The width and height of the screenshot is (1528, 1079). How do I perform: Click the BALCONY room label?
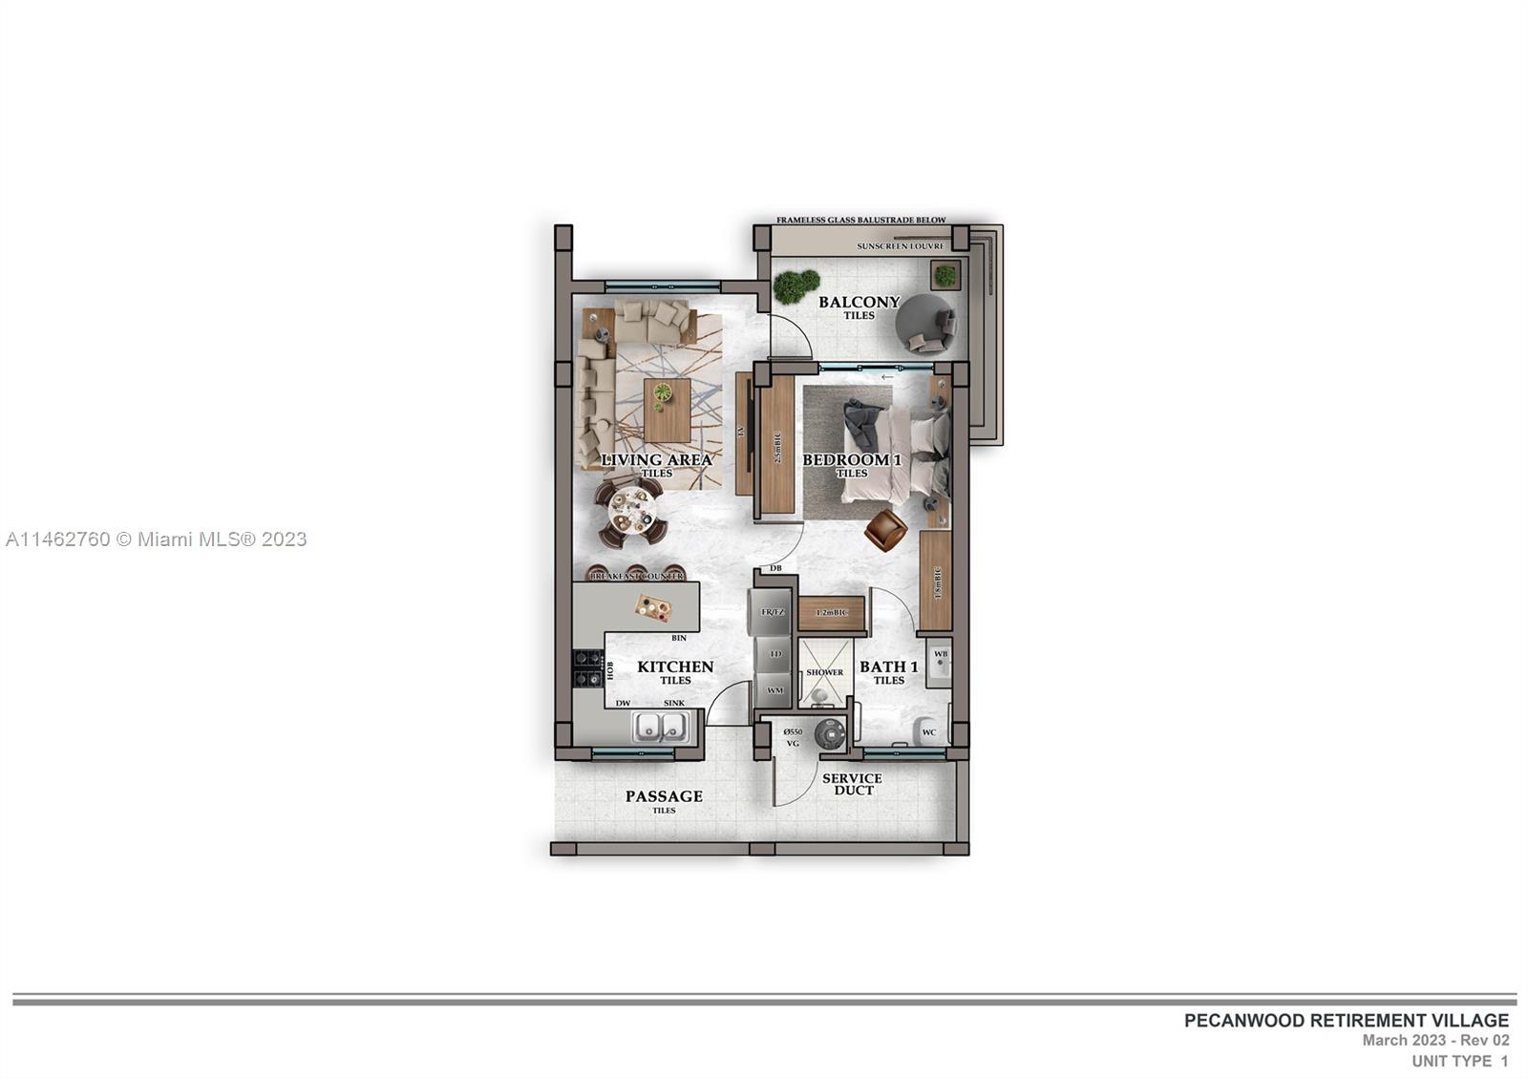coord(859,303)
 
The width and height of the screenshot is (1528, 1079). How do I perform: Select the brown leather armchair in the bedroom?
coord(886,530)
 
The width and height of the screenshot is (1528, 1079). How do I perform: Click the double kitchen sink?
coord(660,729)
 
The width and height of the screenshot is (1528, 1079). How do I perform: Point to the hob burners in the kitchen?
coord(585,668)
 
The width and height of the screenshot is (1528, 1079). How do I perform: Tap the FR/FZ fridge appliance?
coord(772,612)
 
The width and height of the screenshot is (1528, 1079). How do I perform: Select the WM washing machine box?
coord(774,690)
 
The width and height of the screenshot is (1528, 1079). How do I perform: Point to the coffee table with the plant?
coord(667,409)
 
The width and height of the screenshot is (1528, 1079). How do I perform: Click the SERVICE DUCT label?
coord(852,784)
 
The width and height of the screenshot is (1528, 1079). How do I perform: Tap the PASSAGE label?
coord(664,796)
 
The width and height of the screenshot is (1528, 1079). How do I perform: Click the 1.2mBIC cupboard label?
coord(831,613)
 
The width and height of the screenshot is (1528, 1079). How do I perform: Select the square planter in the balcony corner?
coord(944,276)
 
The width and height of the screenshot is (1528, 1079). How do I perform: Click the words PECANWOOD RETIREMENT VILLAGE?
coord(1347,1021)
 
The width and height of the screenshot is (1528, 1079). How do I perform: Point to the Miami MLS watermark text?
coord(156,539)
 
